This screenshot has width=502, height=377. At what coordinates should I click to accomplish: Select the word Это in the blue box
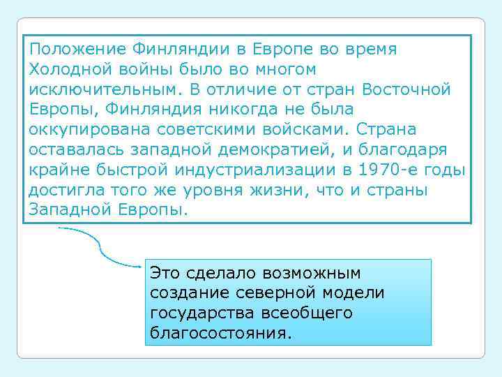[166, 273]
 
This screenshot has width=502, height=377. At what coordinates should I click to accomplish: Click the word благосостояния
[218, 333]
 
